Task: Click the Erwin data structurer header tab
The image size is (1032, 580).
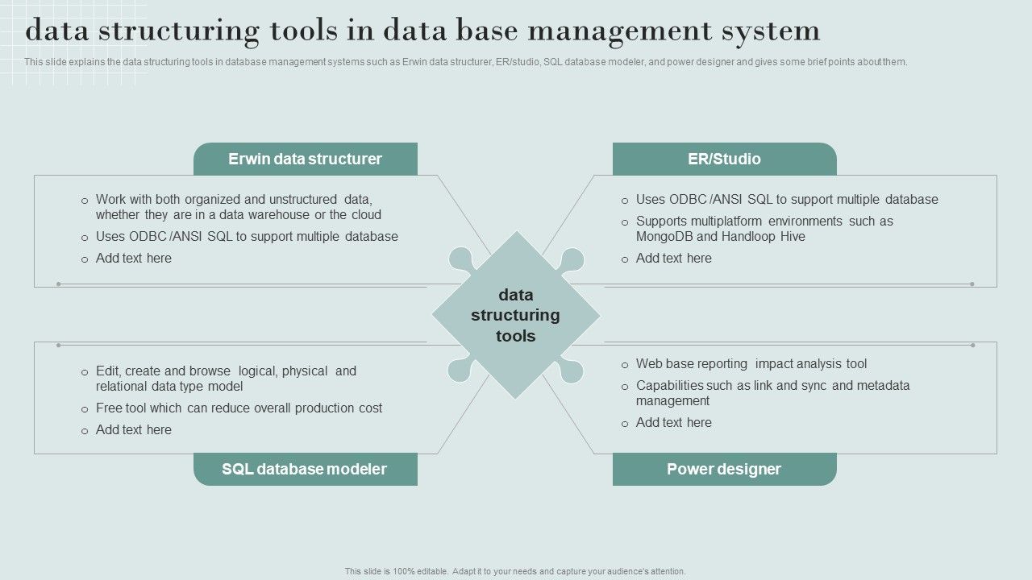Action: (x=305, y=159)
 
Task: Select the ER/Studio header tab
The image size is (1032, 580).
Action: (x=724, y=159)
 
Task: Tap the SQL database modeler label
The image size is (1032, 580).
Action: (x=304, y=469)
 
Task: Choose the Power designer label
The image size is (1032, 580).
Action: (x=723, y=469)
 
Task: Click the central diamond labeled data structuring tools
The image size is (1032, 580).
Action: (x=515, y=315)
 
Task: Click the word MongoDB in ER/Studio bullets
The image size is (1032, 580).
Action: (x=664, y=237)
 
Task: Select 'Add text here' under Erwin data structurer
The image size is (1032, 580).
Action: (x=133, y=259)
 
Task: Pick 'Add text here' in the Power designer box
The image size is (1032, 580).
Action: (x=673, y=423)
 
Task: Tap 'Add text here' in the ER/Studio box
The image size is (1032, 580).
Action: (x=673, y=259)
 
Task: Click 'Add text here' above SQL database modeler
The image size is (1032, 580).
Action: (x=133, y=430)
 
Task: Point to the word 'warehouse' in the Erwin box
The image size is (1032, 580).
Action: (x=280, y=215)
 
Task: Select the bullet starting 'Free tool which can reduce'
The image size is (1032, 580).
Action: (x=239, y=408)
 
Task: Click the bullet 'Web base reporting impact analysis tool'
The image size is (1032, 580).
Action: (x=751, y=364)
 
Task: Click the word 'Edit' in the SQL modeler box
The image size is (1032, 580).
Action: (x=106, y=371)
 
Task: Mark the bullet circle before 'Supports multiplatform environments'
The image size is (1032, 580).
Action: (x=624, y=222)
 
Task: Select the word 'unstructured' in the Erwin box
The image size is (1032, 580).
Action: (x=304, y=200)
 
